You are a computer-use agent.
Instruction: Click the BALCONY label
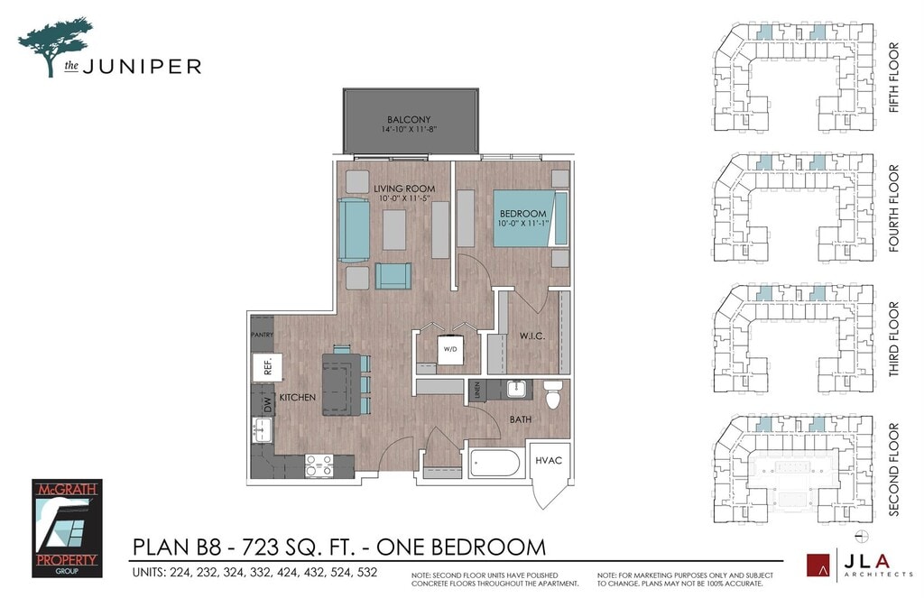tap(409, 120)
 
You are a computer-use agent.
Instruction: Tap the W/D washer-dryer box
tap(450, 349)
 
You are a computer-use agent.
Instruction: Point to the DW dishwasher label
tap(268, 405)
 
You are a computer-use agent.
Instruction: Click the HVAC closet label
tap(549, 460)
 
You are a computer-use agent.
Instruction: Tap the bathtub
tap(495, 464)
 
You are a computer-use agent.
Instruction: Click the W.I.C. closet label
tap(532, 336)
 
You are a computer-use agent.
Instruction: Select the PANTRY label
tap(263, 335)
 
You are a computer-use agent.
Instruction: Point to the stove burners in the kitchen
tap(319, 465)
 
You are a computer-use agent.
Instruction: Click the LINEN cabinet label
tap(477, 390)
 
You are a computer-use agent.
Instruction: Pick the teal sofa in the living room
tap(354, 230)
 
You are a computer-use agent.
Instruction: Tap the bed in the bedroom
tap(531, 218)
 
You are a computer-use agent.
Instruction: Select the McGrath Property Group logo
tap(67, 528)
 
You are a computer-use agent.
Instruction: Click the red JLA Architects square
tap(818, 565)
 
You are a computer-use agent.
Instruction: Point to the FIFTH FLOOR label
tap(894, 78)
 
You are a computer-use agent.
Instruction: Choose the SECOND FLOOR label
tap(894, 470)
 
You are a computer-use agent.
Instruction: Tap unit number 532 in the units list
tap(366, 572)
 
